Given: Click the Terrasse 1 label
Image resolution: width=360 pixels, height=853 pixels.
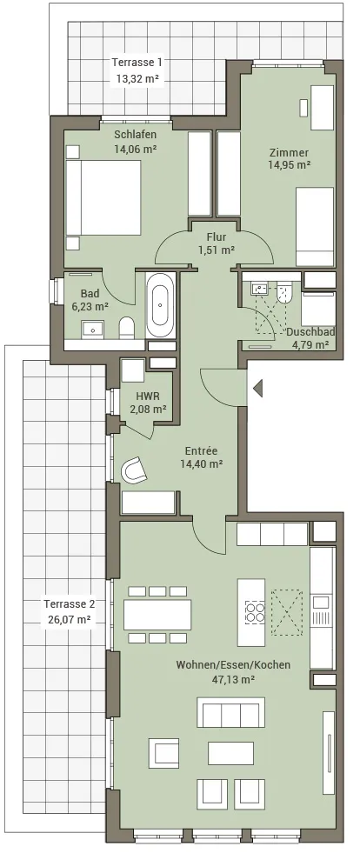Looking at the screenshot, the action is coord(137,62).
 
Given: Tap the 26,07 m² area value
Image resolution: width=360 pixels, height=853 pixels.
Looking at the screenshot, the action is coord(69,619).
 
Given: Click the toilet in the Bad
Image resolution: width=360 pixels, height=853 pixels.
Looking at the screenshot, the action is coord(127,328).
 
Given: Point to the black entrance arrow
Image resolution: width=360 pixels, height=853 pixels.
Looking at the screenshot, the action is coord(257,389).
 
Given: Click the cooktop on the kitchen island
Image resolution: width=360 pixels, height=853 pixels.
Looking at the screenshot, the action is coord(255,611).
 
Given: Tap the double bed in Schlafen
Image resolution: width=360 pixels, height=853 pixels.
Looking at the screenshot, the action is coord(103,197).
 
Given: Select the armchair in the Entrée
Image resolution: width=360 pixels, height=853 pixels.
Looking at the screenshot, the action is coord(134,470).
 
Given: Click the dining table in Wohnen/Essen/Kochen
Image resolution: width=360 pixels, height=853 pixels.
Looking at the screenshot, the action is coord(157,614).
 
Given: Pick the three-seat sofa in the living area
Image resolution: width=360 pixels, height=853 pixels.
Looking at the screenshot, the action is coord(230,712).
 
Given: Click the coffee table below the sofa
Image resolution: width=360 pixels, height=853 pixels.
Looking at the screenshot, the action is coord(230,753).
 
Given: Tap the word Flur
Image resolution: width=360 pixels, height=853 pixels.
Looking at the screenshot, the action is coord(216,237).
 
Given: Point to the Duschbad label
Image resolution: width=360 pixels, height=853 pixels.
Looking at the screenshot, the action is coord(310,332).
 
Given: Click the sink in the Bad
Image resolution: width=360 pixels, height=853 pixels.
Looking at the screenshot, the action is coord(92,329).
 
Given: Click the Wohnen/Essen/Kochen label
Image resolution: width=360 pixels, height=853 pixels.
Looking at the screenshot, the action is coord(233,665).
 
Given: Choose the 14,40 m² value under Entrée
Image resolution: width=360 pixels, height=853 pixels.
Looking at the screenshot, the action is coord(201,463).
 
